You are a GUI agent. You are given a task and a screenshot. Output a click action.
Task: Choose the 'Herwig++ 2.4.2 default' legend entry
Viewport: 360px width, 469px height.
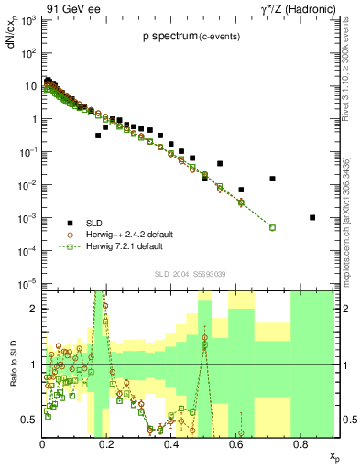(128, 234)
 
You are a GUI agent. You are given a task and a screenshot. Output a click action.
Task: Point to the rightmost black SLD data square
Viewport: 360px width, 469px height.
(312, 217)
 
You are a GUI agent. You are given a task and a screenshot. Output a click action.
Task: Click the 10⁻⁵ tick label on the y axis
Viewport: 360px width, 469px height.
(27, 283)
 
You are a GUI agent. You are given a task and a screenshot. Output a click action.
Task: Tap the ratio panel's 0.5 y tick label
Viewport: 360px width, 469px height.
(29, 420)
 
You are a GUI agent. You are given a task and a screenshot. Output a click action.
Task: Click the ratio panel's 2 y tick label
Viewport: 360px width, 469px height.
(33, 309)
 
